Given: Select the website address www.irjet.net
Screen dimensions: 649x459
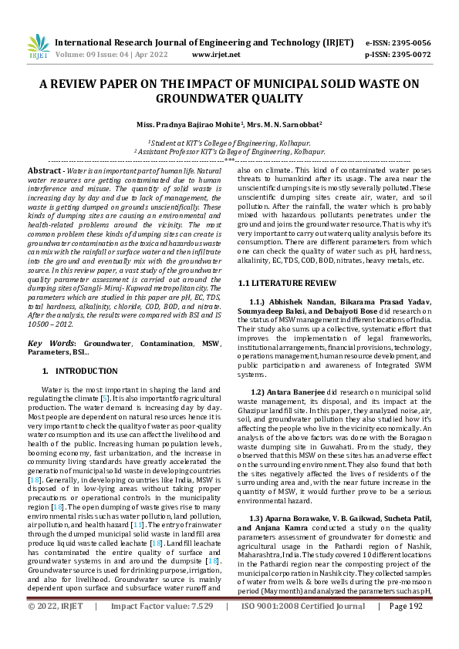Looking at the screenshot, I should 213,55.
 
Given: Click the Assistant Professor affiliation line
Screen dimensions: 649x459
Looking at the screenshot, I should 230,153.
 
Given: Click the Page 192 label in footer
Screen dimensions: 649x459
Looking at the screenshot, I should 408,628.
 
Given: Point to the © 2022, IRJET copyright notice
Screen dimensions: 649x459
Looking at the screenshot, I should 56,628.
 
